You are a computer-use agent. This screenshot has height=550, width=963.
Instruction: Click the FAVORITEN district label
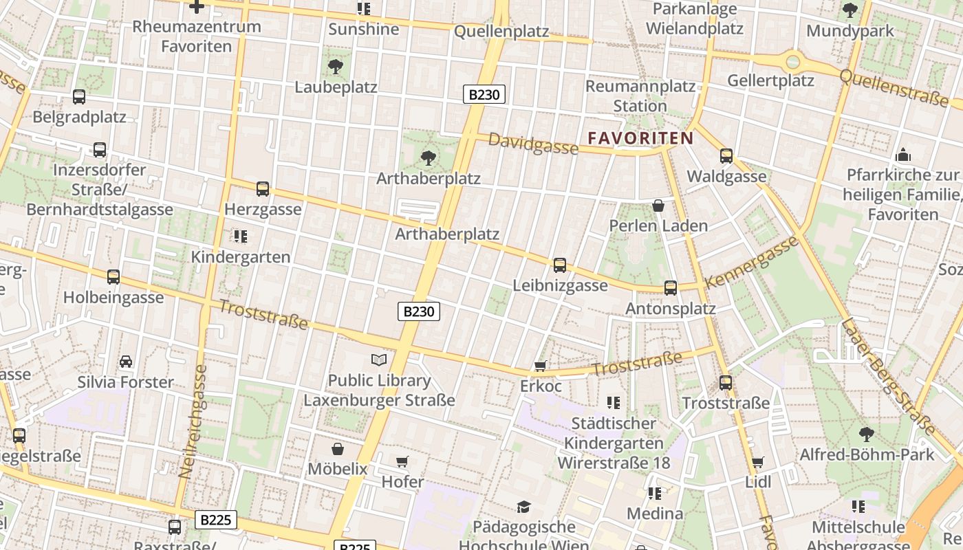point(640,138)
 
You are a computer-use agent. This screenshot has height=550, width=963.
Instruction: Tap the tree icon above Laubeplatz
point(336,67)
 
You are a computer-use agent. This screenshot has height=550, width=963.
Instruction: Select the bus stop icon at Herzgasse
point(262,189)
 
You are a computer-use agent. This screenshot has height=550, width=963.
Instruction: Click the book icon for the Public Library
point(379,360)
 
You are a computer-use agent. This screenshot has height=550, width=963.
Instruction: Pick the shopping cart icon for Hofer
point(402,461)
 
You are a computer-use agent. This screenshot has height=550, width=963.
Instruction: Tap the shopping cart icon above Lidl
point(757,463)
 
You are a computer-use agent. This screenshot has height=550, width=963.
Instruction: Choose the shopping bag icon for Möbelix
point(337,449)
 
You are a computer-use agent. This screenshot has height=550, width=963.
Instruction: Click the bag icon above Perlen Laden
point(658,206)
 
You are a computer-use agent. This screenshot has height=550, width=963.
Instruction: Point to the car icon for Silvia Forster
point(126,362)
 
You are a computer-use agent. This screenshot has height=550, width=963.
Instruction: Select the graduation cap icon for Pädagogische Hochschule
point(523,507)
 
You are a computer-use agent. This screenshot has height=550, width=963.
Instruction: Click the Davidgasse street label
point(533,144)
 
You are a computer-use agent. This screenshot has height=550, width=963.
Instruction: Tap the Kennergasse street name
point(751,262)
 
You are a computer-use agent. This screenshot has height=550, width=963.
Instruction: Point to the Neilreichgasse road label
point(193,421)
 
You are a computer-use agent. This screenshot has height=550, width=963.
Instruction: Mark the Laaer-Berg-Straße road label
point(887,377)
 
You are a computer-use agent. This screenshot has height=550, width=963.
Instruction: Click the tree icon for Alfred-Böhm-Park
point(866,434)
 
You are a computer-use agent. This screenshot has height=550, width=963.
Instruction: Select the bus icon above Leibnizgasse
point(560,265)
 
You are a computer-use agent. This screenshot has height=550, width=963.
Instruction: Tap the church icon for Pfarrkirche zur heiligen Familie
point(903,155)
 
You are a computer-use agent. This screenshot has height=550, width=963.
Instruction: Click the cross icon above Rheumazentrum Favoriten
point(197,7)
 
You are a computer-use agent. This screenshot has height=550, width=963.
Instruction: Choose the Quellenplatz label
point(501,32)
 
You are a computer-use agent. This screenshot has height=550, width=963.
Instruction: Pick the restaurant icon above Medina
point(654,493)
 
